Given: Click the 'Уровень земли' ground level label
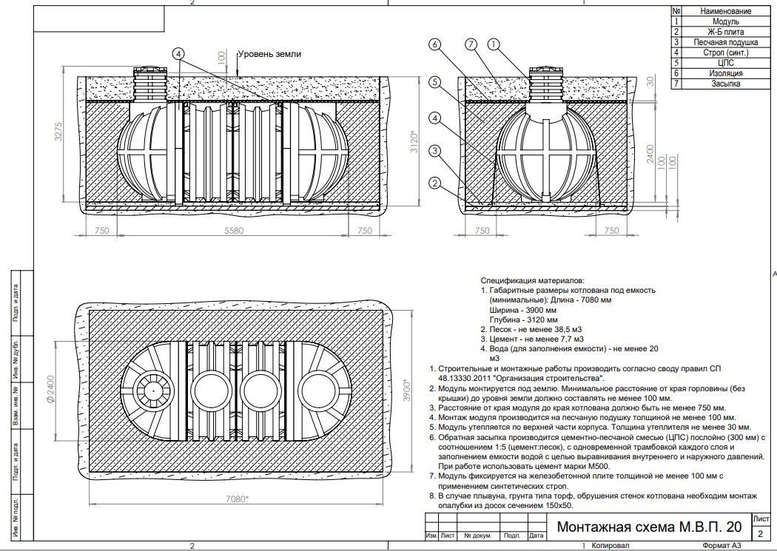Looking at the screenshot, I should (x=269, y=55).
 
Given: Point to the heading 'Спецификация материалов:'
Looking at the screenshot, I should (x=532, y=281).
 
